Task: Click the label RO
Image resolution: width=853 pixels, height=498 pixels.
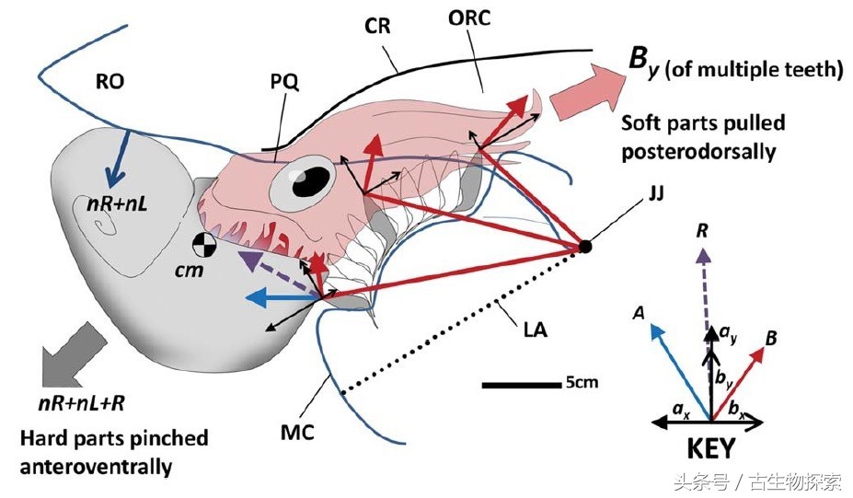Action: coord(110,82)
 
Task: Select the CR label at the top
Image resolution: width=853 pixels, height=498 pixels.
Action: coord(377,26)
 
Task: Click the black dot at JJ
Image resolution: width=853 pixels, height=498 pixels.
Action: coord(583,246)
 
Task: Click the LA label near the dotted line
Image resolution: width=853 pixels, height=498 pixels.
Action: coord(536,327)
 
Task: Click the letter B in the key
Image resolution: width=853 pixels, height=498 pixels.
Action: coord(771,339)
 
